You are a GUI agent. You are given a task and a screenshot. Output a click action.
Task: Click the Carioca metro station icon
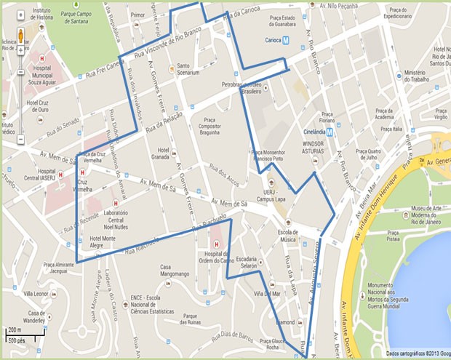[x=287, y=41]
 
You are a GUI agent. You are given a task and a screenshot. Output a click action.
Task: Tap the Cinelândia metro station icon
[x=330, y=132]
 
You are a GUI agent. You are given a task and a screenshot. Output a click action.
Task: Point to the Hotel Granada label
[x=161, y=153]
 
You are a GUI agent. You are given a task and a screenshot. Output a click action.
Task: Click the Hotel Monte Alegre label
[x=105, y=243]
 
